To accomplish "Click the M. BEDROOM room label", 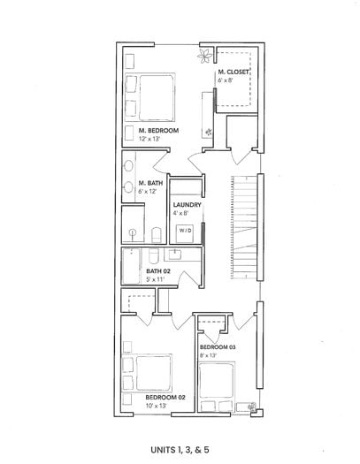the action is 158,131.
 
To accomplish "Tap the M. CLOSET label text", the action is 234,72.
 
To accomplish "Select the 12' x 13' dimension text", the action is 149,139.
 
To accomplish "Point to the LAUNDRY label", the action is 188,205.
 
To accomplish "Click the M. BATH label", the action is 150,183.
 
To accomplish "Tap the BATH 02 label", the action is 158,271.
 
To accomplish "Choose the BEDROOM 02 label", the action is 165,398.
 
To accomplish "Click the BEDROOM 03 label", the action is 218,347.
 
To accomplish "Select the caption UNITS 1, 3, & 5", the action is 180,450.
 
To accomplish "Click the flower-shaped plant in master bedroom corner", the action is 205,56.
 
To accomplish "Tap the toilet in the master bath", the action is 157,235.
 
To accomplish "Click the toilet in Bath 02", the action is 154,255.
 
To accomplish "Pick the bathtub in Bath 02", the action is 131,266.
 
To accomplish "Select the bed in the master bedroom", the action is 150,97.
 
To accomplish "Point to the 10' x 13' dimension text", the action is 156,406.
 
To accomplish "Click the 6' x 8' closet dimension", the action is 226,80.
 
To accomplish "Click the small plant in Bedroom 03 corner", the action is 253,407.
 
